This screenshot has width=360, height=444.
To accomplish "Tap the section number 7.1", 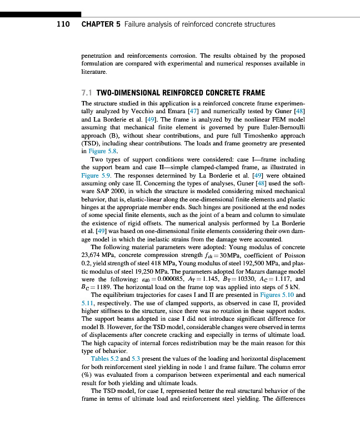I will pos(87,93).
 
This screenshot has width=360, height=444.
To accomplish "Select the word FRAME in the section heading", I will pos(236,93).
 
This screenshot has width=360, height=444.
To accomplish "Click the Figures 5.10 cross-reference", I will pos(277,295).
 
